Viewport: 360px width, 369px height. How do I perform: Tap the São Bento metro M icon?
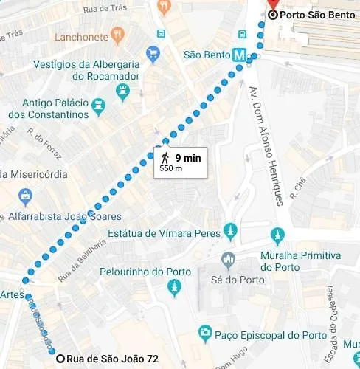coord(239,55)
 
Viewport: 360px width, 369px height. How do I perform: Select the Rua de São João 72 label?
coord(112,359)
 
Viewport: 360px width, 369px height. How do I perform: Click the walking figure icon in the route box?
coord(165,157)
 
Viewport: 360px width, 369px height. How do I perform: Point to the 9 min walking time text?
coord(188,157)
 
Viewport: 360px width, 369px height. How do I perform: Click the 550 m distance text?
coord(171,169)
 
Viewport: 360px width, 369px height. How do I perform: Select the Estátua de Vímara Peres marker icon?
coord(231,230)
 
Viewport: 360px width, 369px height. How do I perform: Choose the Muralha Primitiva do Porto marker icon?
coord(278,235)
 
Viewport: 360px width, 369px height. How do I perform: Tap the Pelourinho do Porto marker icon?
coord(174,287)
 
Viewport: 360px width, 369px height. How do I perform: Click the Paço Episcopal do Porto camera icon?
coord(205,334)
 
